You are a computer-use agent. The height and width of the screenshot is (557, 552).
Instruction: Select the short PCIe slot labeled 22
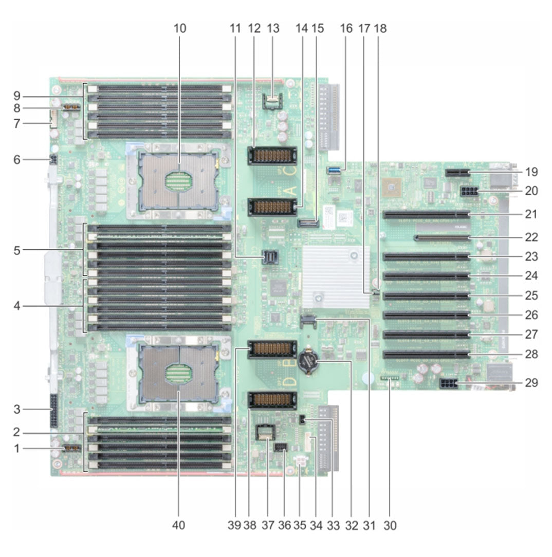tap(442, 237)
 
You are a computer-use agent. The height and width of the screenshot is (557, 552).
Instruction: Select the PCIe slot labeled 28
tap(426, 354)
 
